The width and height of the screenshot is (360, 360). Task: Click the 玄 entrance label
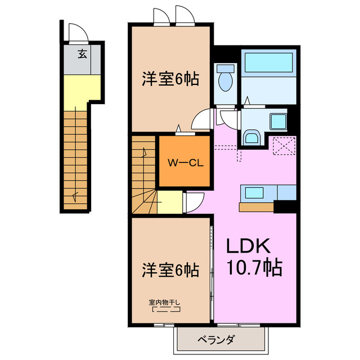coord(82,55)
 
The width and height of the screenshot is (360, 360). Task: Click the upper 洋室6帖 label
coord(170,79)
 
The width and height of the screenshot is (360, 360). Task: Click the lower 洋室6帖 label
coord(170,270)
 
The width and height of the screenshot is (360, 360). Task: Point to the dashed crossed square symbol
coord(284,147)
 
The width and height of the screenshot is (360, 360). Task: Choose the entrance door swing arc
coord(75,30)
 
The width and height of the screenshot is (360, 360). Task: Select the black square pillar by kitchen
coord(285,206)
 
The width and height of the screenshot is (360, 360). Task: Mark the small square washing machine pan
coord(277,121)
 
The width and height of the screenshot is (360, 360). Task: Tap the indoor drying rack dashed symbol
coord(165,309)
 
